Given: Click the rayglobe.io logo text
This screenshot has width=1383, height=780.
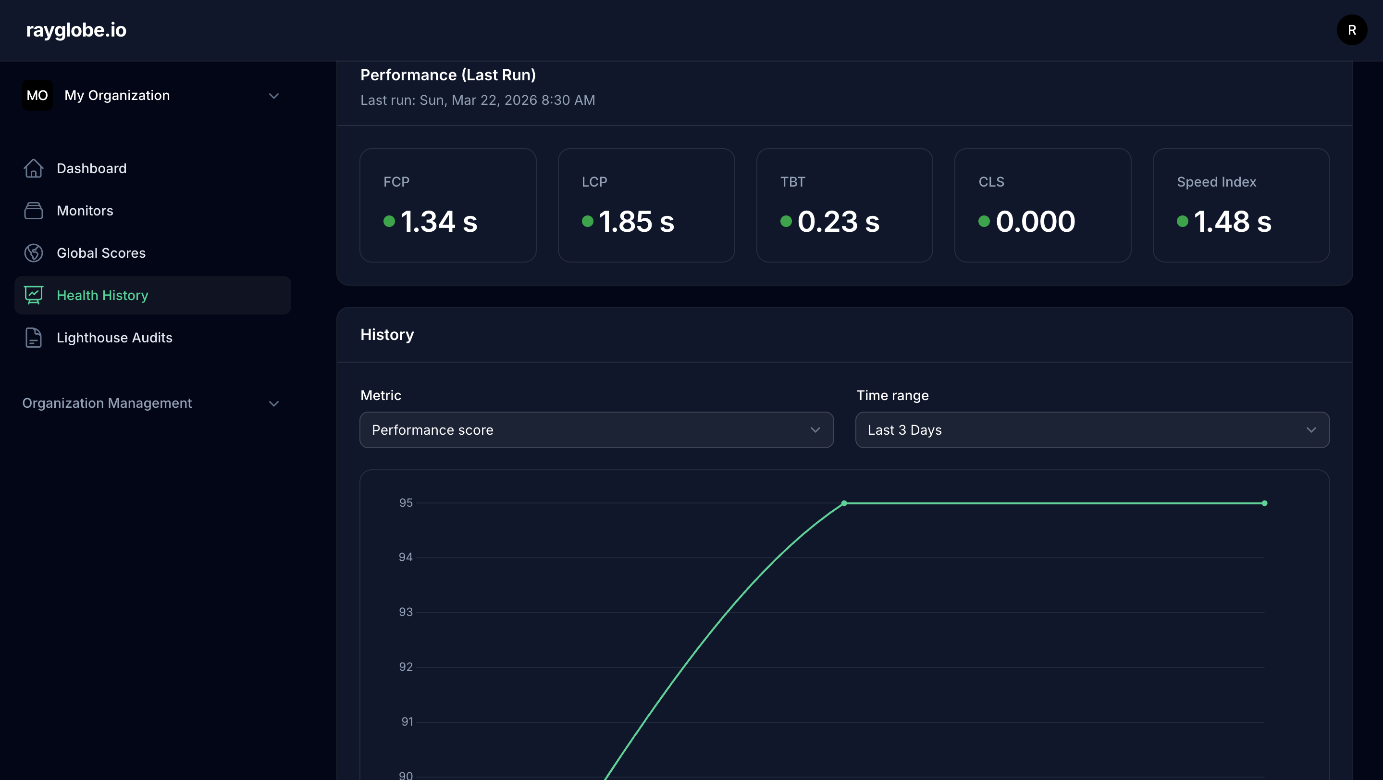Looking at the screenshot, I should [76, 30].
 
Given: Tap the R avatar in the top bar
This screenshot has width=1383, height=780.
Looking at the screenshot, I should [1351, 30].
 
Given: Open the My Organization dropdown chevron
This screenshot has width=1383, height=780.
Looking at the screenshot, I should [274, 96].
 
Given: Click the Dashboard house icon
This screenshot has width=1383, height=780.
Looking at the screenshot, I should [33, 168].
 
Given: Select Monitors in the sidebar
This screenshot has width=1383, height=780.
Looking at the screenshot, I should [85, 211].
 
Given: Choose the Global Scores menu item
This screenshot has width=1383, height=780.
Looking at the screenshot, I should [101, 253].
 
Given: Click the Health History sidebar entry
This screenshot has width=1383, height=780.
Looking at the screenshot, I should [102, 295].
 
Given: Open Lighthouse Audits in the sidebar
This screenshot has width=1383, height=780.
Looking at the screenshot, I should [114, 338].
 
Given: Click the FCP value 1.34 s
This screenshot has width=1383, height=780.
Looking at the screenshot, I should [439, 221].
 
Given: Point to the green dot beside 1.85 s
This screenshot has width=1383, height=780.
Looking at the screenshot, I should [587, 221].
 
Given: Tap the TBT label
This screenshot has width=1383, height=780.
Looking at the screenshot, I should [792, 182].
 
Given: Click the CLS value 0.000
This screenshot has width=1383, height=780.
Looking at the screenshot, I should [1035, 221].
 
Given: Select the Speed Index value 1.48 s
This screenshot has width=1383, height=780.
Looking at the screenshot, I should [1232, 221].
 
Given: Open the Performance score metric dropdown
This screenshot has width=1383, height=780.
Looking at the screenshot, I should [596, 430].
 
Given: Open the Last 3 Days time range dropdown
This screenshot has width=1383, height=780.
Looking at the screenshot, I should [1092, 430].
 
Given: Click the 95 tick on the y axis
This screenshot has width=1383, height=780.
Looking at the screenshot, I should [406, 503].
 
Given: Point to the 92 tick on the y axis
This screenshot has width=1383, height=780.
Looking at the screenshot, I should [406, 667].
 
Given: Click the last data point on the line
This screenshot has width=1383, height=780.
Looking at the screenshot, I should [1264, 503].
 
